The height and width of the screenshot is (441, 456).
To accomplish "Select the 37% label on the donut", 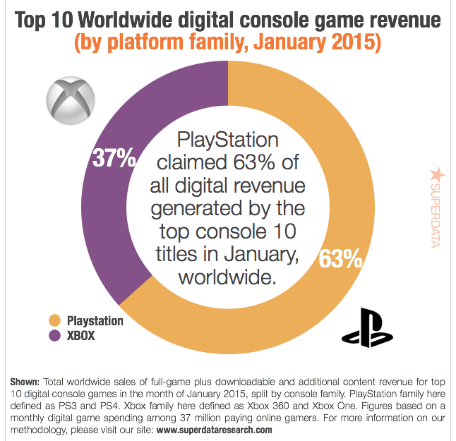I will [114, 158].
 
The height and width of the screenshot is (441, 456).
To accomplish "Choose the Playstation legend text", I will [95, 322].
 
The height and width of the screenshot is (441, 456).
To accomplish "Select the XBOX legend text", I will [80, 337].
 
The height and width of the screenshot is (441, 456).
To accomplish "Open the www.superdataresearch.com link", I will [214, 429].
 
